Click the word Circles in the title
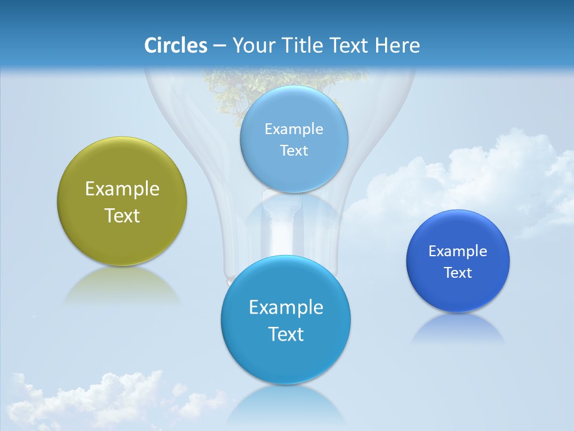(176, 45)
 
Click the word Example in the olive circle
(122, 189)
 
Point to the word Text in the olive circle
(122, 215)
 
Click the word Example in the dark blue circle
(458, 251)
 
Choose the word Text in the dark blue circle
(458, 273)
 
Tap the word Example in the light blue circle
(294, 129)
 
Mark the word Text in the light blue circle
(294, 151)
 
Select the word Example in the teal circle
(286, 308)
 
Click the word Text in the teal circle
(286, 334)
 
